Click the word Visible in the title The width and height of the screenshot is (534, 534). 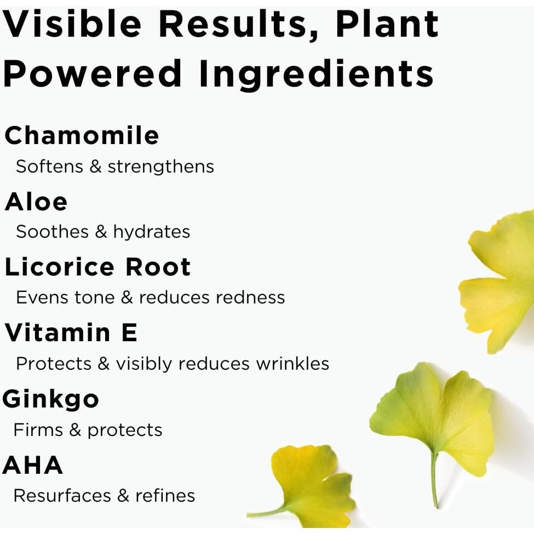click(x=72, y=24)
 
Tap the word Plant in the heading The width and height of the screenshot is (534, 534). click(x=387, y=24)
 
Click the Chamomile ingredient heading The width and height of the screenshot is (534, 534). click(x=82, y=135)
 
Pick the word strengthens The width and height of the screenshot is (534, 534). click(x=160, y=166)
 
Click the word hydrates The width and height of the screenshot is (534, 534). click(x=152, y=232)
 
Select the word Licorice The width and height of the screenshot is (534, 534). click(x=59, y=267)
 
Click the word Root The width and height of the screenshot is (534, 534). click(x=158, y=267)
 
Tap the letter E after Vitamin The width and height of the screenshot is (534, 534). click(x=129, y=332)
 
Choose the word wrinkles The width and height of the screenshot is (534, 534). click(x=292, y=363)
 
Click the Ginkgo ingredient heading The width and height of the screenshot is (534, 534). click(x=50, y=399)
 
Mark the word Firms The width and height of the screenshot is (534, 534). click(x=38, y=429)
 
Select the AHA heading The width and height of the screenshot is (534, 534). click(x=33, y=465)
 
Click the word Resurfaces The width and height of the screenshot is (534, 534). click(x=62, y=496)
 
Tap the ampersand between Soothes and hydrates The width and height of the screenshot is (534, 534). click(x=101, y=232)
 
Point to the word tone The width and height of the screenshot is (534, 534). click(x=94, y=297)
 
